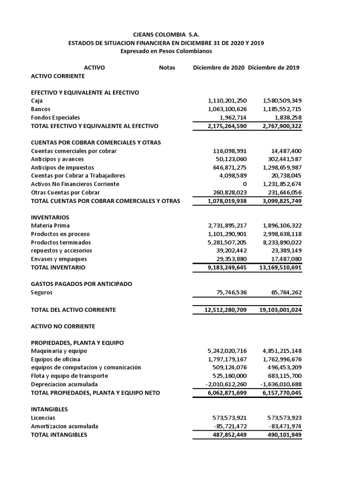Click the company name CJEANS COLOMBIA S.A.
pyautogui.click(x=166, y=35)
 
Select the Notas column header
pyautogui.click(x=167, y=67)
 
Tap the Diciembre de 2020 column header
pyautogui.click(x=218, y=67)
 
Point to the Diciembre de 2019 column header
pyautogui.click(x=274, y=67)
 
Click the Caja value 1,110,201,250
pyautogui.click(x=227, y=101)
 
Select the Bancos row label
pyautogui.click(x=41, y=109)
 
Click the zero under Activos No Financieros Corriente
pyautogui.click(x=244, y=184)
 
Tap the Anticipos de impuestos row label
pyautogui.click(x=62, y=167)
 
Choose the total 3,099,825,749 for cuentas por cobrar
pyautogui.click(x=278, y=201)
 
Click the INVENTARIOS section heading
pyautogui.click(x=50, y=217)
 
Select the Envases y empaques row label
pyautogui.click(x=59, y=259)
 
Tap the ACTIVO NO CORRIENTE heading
pyautogui.click(x=63, y=326)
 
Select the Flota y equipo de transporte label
pyautogui.click(x=69, y=376)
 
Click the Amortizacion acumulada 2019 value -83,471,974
pyautogui.click(x=282, y=426)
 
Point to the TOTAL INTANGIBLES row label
pyautogui.click(x=59, y=435)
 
